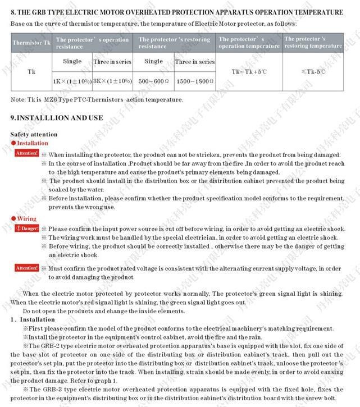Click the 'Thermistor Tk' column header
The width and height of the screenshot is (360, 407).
click(x=28, y=43)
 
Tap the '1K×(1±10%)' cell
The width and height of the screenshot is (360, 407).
click(x=72, y=81)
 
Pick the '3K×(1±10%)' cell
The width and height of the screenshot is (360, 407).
click(x=113, y=81)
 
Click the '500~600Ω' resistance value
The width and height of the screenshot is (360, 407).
click(x=153, y=81)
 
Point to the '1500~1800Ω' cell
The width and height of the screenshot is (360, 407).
click(x=194, y=81)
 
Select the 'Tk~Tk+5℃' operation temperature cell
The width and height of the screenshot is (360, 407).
click(x=249, y=72)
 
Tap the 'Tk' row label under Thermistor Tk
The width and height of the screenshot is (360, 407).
click(x=31, y=72)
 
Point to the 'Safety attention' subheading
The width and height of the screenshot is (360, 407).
click(x=34, y=134)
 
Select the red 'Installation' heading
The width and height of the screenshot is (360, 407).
click(x=33, y=143)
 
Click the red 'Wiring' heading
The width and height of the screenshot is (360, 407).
click(x=26, y=218)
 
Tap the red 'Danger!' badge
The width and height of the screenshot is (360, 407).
click(x=27, y=228)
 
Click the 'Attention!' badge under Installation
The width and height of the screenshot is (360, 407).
click(x=26, y=153)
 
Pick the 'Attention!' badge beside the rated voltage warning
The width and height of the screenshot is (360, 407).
click(x=26, y=268)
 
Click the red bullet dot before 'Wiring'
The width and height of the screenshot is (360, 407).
click(x=13, y=218)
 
